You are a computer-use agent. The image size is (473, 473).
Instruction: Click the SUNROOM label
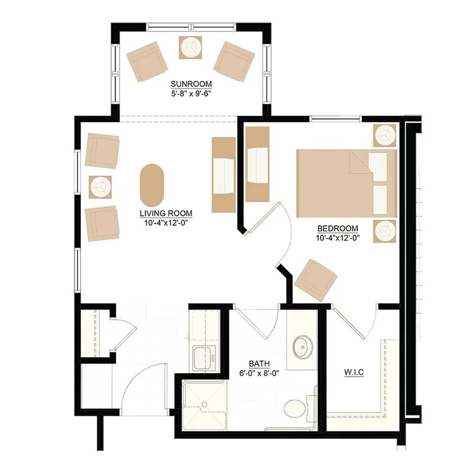click(191, 84)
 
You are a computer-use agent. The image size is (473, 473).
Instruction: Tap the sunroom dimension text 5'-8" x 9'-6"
click(190, 93)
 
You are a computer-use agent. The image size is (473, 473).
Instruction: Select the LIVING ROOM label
click(166, 213)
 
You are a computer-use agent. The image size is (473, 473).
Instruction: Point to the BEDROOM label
click(338, 228)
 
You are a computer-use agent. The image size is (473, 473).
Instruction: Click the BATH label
click(259, 364)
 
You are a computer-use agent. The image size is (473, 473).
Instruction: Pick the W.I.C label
click(354, 372)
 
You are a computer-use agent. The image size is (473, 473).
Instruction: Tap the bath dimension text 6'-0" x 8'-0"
click(259, 373)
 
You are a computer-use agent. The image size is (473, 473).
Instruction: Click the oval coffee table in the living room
click(152, 186)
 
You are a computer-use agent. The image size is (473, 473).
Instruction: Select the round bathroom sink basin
click(303, 347)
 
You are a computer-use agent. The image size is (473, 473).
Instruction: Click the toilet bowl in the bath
click(294, 409)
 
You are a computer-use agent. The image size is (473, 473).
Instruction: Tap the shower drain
click(205, 404)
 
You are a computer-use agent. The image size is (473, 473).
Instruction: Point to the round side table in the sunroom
click(190, 47)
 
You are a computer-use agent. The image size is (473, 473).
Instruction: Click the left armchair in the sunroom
click(147, 61)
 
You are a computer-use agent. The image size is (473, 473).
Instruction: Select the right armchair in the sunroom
click(234, 61)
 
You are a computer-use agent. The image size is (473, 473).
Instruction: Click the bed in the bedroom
click(346, 183)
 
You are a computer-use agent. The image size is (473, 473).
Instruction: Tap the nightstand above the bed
click(385, 135)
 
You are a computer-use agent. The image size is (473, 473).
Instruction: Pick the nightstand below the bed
click(385, 231)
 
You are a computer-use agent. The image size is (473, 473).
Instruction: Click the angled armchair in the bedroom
click(316, 280)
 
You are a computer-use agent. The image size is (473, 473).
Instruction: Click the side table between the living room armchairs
click(100, 187)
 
